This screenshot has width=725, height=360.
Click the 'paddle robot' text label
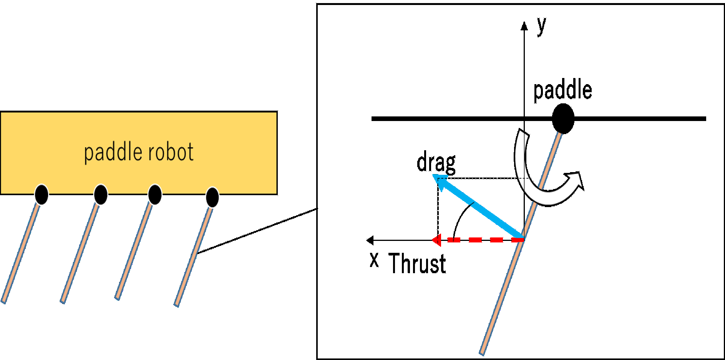click(x=138, y=152)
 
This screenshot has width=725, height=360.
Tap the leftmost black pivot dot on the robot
click(x=41, y=194)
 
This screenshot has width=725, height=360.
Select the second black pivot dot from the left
click(x=101, y=194)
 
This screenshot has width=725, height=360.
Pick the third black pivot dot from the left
click(x=155, y=194)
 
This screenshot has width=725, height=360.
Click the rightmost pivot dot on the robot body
click(x=212, y=197)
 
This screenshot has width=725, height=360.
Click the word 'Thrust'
click(x=417, y=264)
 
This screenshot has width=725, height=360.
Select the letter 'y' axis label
click(x=541, y=26)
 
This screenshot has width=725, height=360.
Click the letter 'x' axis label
click(x=374, y=260)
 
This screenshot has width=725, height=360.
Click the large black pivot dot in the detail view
click(x=563, y=118)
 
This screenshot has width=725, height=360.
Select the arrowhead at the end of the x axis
click(x=370, y=240)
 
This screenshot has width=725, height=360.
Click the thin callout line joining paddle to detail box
click(x=257, y=231)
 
